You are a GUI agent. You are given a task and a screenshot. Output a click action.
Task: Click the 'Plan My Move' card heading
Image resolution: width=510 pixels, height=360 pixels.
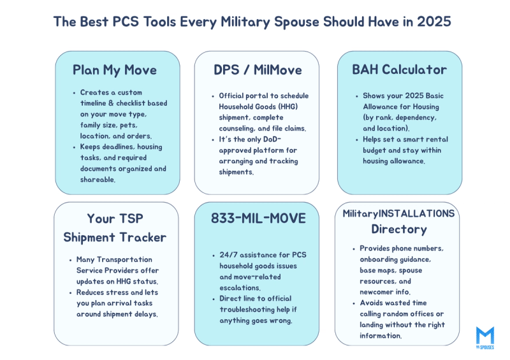115,70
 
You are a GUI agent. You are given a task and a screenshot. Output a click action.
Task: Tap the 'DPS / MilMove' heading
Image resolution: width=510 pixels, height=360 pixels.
258,70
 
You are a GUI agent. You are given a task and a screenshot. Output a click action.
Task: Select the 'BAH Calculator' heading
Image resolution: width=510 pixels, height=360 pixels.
399,70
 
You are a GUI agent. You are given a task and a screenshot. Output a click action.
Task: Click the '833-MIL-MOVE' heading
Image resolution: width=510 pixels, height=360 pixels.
258,219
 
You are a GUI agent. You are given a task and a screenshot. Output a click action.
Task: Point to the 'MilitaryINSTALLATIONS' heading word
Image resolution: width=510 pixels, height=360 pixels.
398,213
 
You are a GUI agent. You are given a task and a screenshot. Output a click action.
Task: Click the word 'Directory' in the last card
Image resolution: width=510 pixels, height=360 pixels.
399,229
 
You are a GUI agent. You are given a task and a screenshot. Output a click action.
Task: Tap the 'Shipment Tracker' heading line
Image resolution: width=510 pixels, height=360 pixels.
115,238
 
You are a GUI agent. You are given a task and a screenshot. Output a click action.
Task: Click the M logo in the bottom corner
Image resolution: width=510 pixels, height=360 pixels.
484,336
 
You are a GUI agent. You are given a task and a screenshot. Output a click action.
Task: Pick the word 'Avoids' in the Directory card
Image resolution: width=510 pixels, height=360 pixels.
374,303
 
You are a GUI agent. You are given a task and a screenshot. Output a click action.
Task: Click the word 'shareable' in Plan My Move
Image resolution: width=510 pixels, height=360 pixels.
99,180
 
